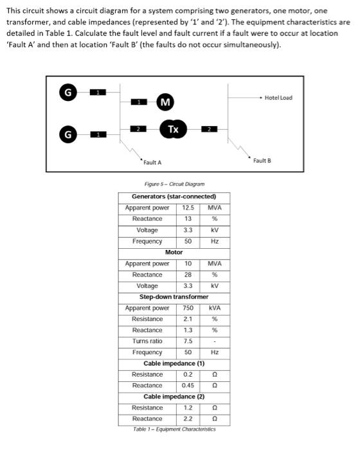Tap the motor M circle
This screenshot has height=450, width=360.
pyautogui.click(x=165, y=102)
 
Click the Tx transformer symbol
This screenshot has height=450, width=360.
pyautogui.click(x=172, y=129)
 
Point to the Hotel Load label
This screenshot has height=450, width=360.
pyautogui.click(x=278, y=98)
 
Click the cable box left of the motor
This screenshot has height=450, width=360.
pyautogui.click(x=136, y=102)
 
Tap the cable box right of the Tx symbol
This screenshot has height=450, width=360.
pyautogui.click(x=208, y=129)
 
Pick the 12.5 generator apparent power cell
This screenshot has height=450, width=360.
pyautogui.click(x=188, y=208)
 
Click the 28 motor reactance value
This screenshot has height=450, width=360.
pyautogui.click(x=188, y=274)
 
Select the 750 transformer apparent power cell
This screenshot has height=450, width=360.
pyautogui.click(x=188, y=308)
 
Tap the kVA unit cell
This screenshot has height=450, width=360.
pyautogui.click(x=215, y=308)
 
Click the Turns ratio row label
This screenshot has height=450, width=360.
pyautogui.click(x=147, y=341)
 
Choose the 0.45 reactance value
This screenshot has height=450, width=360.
pyautogui.click(x=188, y=386)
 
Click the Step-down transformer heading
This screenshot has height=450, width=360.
pyautogui.click(x=174, y=297)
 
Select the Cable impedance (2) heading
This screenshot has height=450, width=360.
pyautogui.click(x=174, y=397)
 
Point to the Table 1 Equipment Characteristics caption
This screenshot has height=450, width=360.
pyautogui.click(x=174, y=429)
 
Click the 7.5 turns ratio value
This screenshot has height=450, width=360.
pyautogui.click(x=188, y=341)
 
